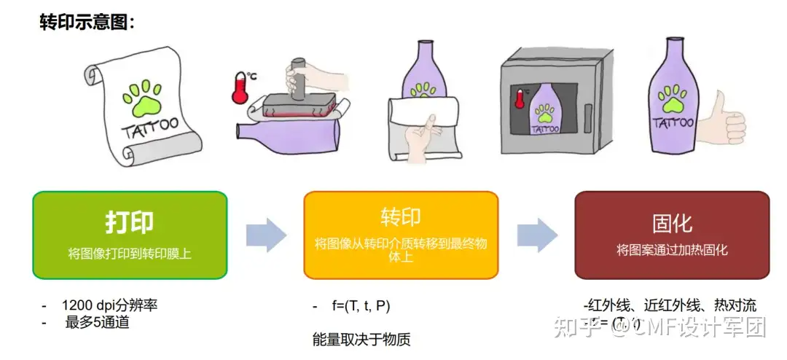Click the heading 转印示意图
tap(87, 23)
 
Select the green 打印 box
tap(130, 235)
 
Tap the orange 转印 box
tap(401, 235)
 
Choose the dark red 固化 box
tap(672, 235)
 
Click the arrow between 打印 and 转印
tap(265, 235)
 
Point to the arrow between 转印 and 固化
tap(537, 235)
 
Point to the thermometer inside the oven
tap(519, 98)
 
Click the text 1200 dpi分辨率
tap(109, 305)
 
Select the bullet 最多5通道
tap(97, 321)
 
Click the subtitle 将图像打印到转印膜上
tap(130, 254)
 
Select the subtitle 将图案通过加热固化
tap(672, 250)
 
